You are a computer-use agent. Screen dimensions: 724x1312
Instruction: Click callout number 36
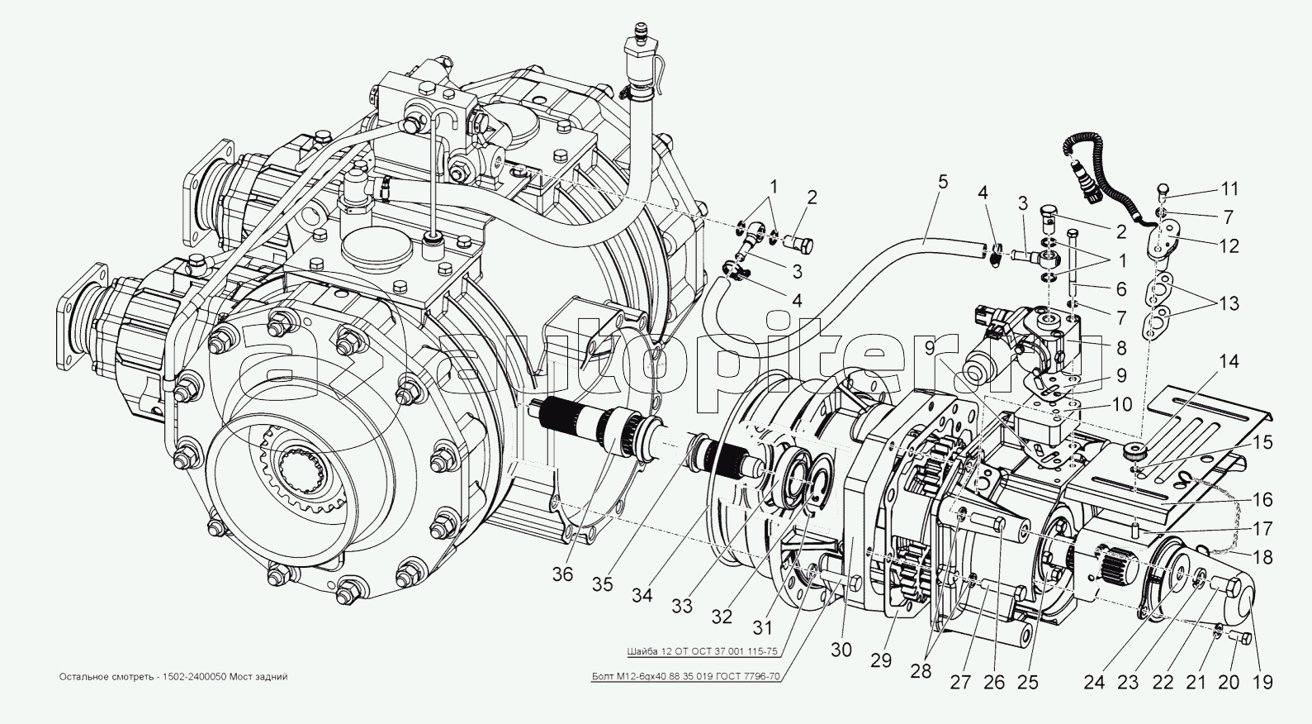(x=563, y=574)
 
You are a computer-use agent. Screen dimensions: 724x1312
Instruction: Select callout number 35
(x=603, y=584)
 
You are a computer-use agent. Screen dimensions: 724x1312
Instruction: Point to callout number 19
(x=1262, y=683)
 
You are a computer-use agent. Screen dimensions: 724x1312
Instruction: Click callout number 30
(x=841, y=650)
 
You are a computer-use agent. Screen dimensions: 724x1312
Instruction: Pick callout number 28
(x=920, y=671)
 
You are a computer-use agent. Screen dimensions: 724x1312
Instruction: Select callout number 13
(x=1229, y=304)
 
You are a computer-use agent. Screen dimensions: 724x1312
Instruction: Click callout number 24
(x=1094, y=683)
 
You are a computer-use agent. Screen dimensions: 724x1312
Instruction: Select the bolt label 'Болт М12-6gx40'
(x=685, y=676)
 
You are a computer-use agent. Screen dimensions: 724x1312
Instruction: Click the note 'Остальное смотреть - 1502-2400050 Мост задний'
(x=173, y=677)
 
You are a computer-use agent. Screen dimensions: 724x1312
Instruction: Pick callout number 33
(x=682, y=607)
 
